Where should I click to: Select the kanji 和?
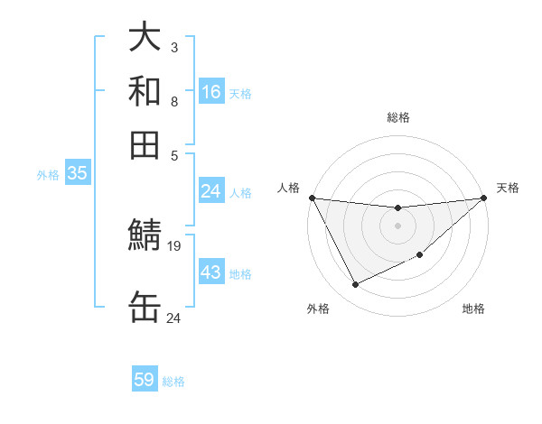click(x=145, y=92)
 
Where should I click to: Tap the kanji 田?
click(x=145, y=144)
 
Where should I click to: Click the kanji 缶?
click(x=145, y=308)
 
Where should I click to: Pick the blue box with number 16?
click(x=211, y=92)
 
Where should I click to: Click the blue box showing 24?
click(x=211, y=191)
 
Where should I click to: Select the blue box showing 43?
click(x=211, y=272)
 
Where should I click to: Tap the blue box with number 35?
click(x=77, y=173)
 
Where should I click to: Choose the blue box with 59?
click(x=145, y=380)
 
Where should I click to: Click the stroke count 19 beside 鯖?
click(x=174, y=245)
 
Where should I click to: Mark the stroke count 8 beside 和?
click(x=173, y=101)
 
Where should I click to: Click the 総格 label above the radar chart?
click(x=398, y=117)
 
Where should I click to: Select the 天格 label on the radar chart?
click(x=508, y=188)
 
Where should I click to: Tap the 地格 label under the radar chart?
click(x=473, y=309)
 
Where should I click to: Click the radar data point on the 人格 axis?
click(x=312, y=198)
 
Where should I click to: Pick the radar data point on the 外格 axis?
click(x=355, y=285)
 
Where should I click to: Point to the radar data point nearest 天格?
click(x=483, y=198)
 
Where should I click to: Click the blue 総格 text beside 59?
click(x=173, y=382)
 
